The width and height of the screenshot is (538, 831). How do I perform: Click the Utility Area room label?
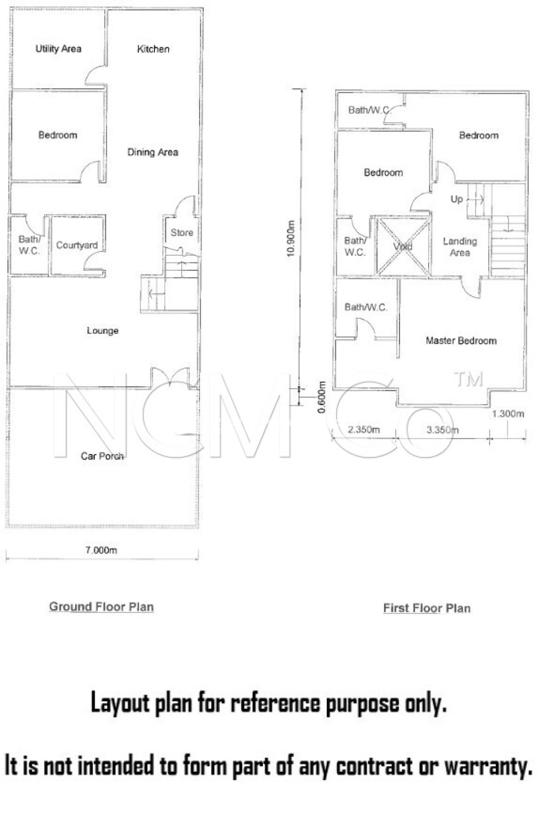[x=58, y=49]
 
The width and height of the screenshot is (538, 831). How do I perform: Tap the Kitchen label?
[x=153, y=49]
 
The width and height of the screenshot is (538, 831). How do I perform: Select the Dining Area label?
[x=153, y=152]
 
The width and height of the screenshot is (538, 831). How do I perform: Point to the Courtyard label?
[x=77, y=245]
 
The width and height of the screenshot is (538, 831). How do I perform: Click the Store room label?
[x=182, y=233]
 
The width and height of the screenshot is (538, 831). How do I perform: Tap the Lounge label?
[x=103, y=331]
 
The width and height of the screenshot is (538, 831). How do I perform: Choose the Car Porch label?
[x=102, y=456]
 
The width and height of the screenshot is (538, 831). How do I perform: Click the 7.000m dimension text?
[x=101, y=550]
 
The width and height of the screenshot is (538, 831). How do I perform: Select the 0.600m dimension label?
[x=322, y=397]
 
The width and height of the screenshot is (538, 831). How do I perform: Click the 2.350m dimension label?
[x=364, y=430]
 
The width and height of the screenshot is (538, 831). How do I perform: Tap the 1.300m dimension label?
[x=508, y=414]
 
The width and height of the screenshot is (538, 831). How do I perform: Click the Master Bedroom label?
[x=461, y=340]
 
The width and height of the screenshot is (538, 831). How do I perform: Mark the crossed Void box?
[x=403, y=246]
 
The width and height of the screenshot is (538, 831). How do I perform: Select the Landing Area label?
[x=460, y=247]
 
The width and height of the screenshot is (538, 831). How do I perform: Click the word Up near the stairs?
[x=457, y=199]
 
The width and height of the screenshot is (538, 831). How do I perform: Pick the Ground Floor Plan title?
[x=101, y=607]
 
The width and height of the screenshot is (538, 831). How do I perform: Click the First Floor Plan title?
[x=427, y=608]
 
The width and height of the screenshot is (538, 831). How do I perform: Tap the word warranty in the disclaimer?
[x=489, y=766]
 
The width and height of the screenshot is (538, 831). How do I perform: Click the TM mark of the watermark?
[x=469, y=379]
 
